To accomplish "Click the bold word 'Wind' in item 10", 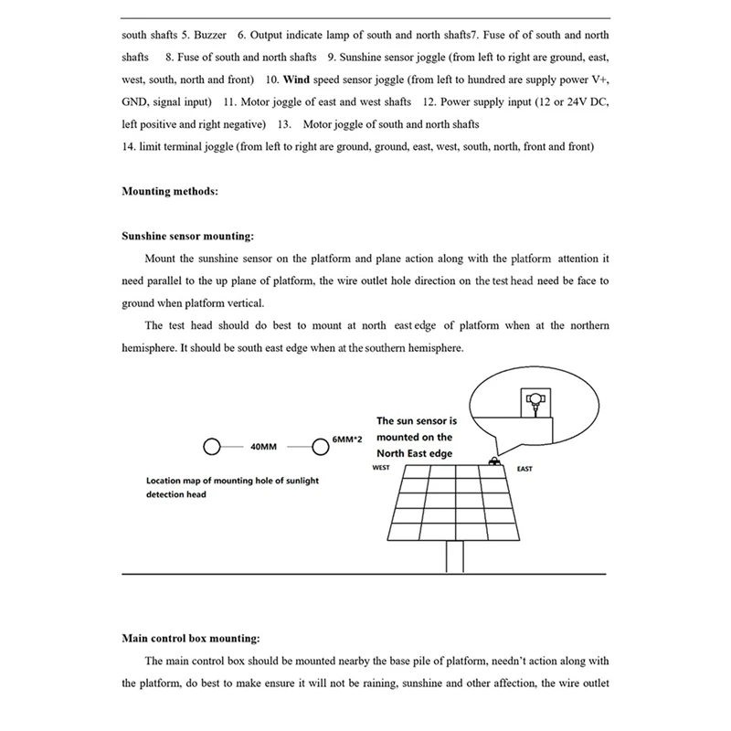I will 298,79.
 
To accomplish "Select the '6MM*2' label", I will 347,440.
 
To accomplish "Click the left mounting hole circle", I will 212,447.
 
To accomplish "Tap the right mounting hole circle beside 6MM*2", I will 320,447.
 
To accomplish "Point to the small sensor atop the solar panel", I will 494,460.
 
